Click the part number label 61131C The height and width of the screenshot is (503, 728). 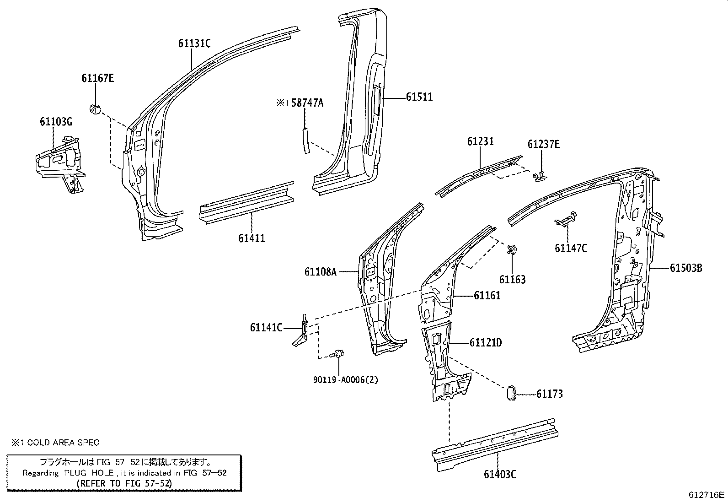point(194,43)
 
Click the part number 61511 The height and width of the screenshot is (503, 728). point(419,97)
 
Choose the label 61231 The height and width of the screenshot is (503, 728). point(480,141)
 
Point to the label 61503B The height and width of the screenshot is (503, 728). point(686,268)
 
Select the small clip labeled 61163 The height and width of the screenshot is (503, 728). point(513,249)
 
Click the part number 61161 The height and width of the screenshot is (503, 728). point(487,296)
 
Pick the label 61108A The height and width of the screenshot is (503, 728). point(320,272)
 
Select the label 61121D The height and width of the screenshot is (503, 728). point(486,343)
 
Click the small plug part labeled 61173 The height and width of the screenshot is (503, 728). point(512,393)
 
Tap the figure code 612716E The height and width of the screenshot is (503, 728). point(707,495)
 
